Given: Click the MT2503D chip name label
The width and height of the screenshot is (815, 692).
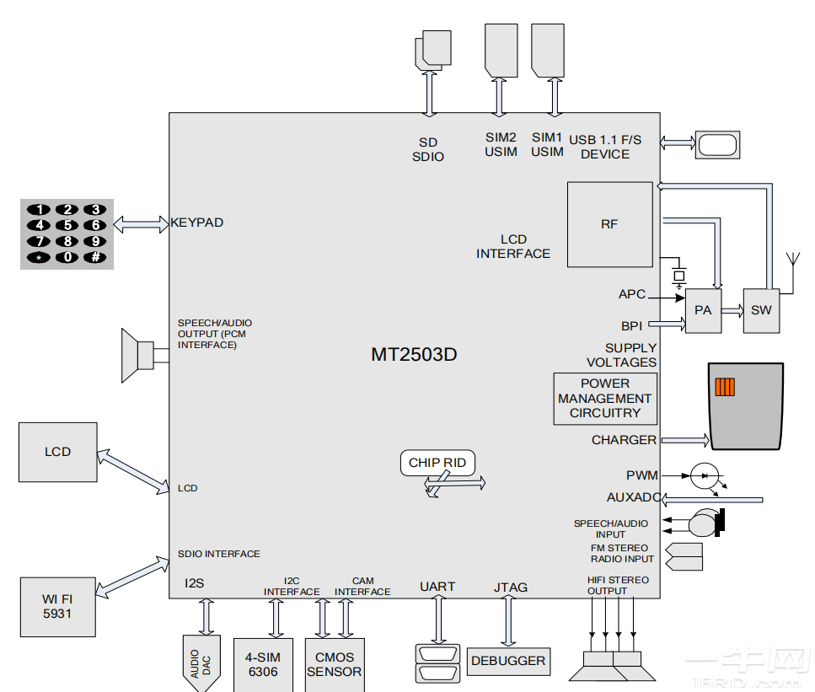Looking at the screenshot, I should [x=414, y=354].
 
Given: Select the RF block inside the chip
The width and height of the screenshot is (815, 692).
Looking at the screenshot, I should [x=609, y=224].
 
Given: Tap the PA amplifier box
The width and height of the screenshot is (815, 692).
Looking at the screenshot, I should [x=703, y=310].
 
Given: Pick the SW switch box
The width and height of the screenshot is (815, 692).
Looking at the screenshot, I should [x=761, y=310].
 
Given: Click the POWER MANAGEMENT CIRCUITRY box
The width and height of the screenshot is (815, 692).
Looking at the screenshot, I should [x=604, y=399].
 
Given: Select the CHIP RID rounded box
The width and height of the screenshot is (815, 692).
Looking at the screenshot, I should [x=437, y=463].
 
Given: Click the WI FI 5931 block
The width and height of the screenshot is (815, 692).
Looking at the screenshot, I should [x=57, y=607].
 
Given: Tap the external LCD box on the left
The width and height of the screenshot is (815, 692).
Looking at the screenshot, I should [x=57, y=452].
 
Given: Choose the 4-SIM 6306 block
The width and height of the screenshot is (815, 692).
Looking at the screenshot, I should [x=264, y=664].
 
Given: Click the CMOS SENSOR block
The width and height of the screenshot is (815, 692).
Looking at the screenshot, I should [x=334, y=664].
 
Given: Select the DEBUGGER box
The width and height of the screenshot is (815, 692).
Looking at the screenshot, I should [x=508, y=662].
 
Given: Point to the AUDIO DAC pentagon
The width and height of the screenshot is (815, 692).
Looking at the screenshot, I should [x=202, y=662].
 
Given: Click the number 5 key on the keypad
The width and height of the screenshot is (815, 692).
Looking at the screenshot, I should [x=67, y=225].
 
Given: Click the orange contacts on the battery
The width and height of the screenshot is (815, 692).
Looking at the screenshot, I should [x=725, y=387].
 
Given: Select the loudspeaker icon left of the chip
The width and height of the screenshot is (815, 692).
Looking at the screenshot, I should [x=138, y=355].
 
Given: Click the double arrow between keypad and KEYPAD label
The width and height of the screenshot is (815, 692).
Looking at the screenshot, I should [x=141, y=223].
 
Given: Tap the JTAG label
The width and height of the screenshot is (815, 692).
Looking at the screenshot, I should [x=510, y=587].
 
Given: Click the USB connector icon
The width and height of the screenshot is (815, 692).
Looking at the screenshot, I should [x=716, y=144].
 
